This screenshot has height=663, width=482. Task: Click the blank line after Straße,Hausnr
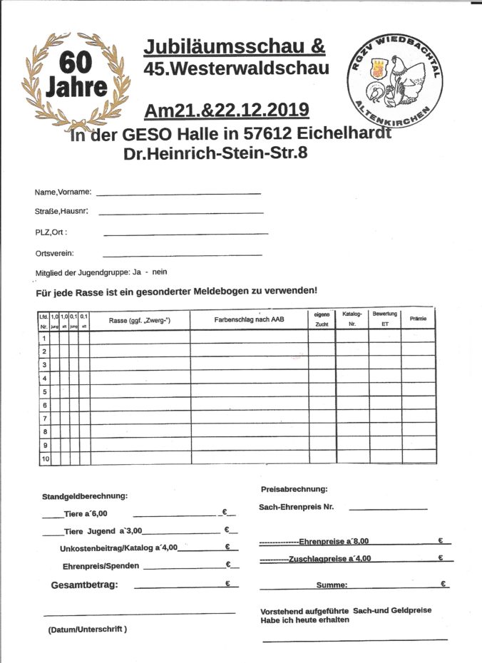tap(180, 213)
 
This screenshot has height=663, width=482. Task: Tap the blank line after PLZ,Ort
tap(185, 234)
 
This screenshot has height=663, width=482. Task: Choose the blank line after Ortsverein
tap(182, 255)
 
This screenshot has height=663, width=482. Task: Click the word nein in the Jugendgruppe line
tap(160, 272)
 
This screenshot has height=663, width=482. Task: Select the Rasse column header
tap(140, 321)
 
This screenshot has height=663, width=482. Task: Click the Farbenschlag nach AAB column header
tap(249, 320)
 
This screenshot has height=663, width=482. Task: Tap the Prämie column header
tap(418, 319)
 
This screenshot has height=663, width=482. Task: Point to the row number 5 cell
tap(44, 391)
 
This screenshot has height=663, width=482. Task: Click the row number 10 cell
tap(45, 458)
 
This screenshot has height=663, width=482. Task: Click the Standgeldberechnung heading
tap(86, 495)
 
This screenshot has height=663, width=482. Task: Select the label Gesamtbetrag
tap(85, 585)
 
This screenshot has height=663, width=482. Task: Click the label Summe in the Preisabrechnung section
tap(332, 585)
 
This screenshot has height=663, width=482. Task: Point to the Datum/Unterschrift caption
tap(88, 629)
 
